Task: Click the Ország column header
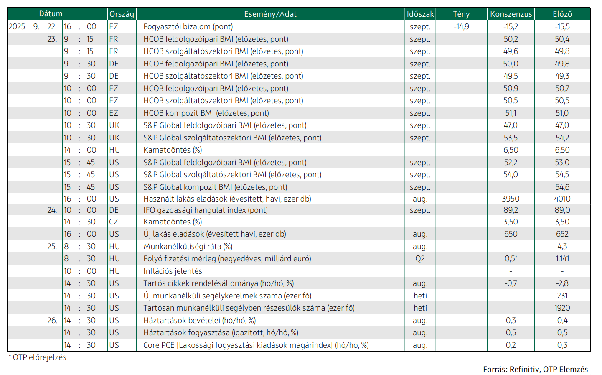click(122, 14)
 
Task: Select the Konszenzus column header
click(511, 14)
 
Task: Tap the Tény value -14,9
click(462, 27)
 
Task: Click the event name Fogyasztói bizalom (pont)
click(188, 27)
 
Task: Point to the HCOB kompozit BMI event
click(206, 113)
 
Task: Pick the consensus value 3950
click(511, 199)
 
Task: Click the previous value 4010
click(562, 199)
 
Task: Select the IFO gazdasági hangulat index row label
click(206, 210)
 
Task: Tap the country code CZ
click(114, 222)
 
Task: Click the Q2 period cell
click(420, 259)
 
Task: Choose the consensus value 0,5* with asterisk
click(511, 258)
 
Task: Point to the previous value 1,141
click(562, 259)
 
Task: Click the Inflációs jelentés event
click(173, 271)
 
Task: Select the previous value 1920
click(562, 308)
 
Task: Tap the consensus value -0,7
click(511, 283)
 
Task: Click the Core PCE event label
click(256, 345)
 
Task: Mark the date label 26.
click(52, 321)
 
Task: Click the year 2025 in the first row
click(17, 27)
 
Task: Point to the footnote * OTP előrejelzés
click(37, 357)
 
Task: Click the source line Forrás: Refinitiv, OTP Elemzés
click(535, 369)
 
